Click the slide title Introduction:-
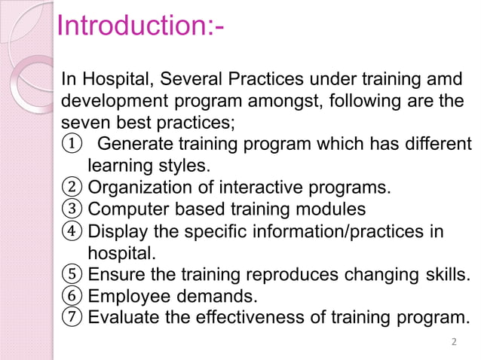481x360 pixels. (x=142, y=26)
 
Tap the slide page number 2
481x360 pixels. (x=453, y=343)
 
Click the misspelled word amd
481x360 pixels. (x=444, y=79)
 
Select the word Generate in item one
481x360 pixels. (x=135, y=144)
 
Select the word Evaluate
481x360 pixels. (x=121, y=316)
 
